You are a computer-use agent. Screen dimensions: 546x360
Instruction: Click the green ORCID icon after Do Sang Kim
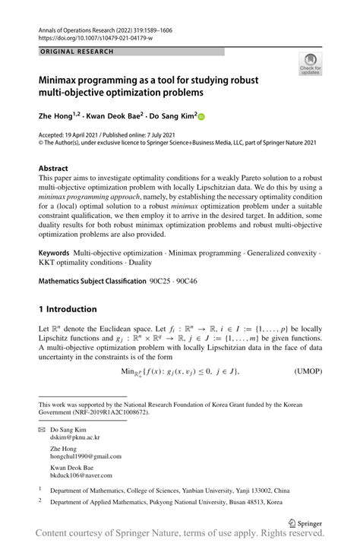click(x=202, y=117)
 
